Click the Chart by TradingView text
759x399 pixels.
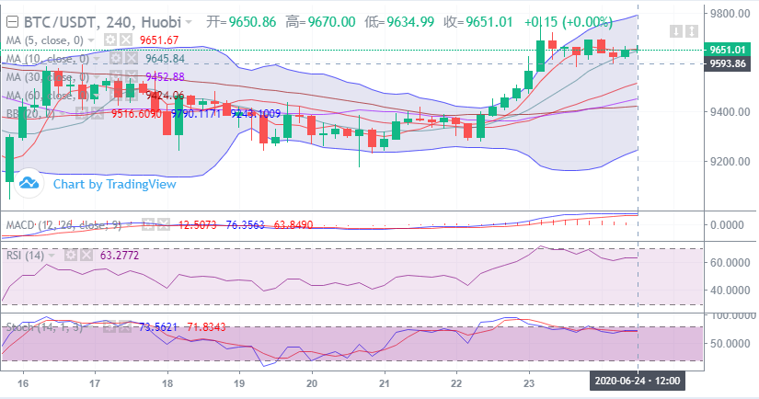114,184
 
